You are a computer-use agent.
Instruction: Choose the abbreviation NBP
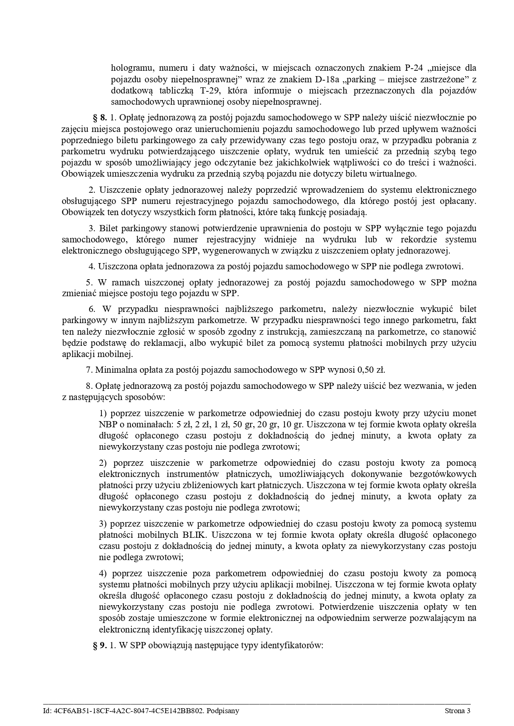108,424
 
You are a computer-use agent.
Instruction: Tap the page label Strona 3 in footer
458,711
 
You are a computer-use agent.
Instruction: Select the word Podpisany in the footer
224,711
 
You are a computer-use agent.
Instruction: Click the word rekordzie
420,240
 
